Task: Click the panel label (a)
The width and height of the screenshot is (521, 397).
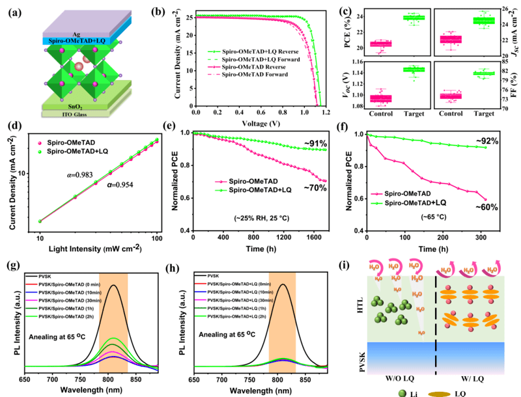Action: click(x=15, y=12)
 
